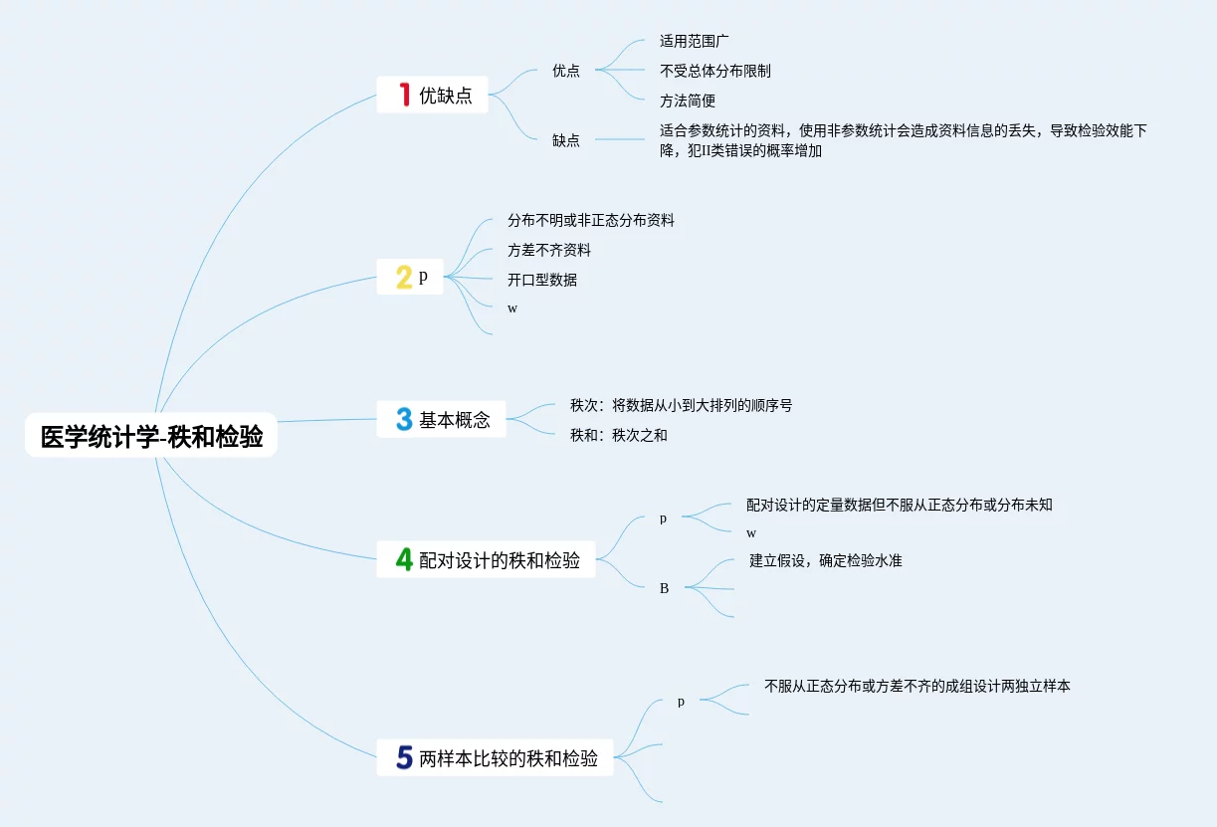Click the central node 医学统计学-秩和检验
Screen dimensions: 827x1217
[x=151, y=437]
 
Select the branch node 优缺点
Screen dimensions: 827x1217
[x=445, y=96]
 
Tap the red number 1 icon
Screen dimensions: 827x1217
[x=404, y=95]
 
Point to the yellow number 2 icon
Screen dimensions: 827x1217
[x=403, y=277]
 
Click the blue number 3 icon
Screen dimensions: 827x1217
[x=403, y=419]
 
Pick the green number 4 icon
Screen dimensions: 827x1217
[x=403, y=559]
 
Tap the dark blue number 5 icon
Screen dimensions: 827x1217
[x=403, y=758]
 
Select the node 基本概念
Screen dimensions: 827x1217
[x=455, y=420]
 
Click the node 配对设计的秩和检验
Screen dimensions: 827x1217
[x=500, y=560]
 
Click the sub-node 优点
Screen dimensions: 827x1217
[x=566, y=71]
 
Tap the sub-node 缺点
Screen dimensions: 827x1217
[x=566, y=140]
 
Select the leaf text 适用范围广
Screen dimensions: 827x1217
[x=695, y=42]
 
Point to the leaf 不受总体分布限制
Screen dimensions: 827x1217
[x=714, y=71]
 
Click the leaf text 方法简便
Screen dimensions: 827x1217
[x=688, y=101]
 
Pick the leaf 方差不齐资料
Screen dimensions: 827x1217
[x=549, y=250]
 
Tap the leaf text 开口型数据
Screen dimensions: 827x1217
[x=542, y=280]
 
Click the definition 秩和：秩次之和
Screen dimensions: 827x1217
[x=619, y=435]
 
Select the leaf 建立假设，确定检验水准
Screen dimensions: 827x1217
[x=826, y=560]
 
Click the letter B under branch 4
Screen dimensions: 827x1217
[x=664, y=588]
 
